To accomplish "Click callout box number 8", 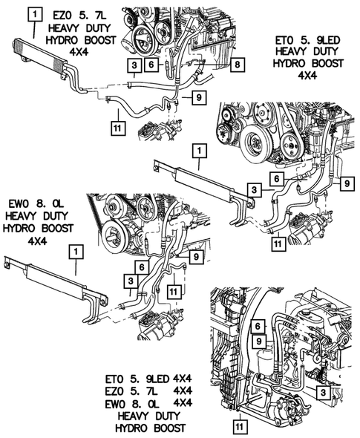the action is tap(238, 65).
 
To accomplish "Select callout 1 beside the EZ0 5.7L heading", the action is tap(35, 15).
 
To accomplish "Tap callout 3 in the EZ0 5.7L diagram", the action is tap(134, 65).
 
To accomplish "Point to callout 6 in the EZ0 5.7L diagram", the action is tap(151, 65).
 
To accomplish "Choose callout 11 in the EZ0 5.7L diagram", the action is tap(117, 128).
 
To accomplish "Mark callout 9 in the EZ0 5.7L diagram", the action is tap(199, 97).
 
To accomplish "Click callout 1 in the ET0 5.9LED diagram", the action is tap(199, 151).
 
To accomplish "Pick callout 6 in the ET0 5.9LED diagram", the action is tap(277, 178).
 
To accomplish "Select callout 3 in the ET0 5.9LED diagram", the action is tap(254, 190).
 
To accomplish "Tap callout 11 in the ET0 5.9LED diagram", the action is tap(278, 243).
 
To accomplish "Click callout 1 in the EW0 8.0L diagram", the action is tap(76, 252).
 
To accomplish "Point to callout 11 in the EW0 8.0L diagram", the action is tap(174, 292).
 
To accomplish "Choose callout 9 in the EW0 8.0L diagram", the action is tap(197, 256).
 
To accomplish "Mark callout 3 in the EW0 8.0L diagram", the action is tap(131, 281).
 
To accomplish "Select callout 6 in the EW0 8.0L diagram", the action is tap(142, 267).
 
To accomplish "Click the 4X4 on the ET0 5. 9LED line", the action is tap(183, 379).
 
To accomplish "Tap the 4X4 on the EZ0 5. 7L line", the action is tap(183, 390).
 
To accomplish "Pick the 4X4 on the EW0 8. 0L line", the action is tap(183, 403).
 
